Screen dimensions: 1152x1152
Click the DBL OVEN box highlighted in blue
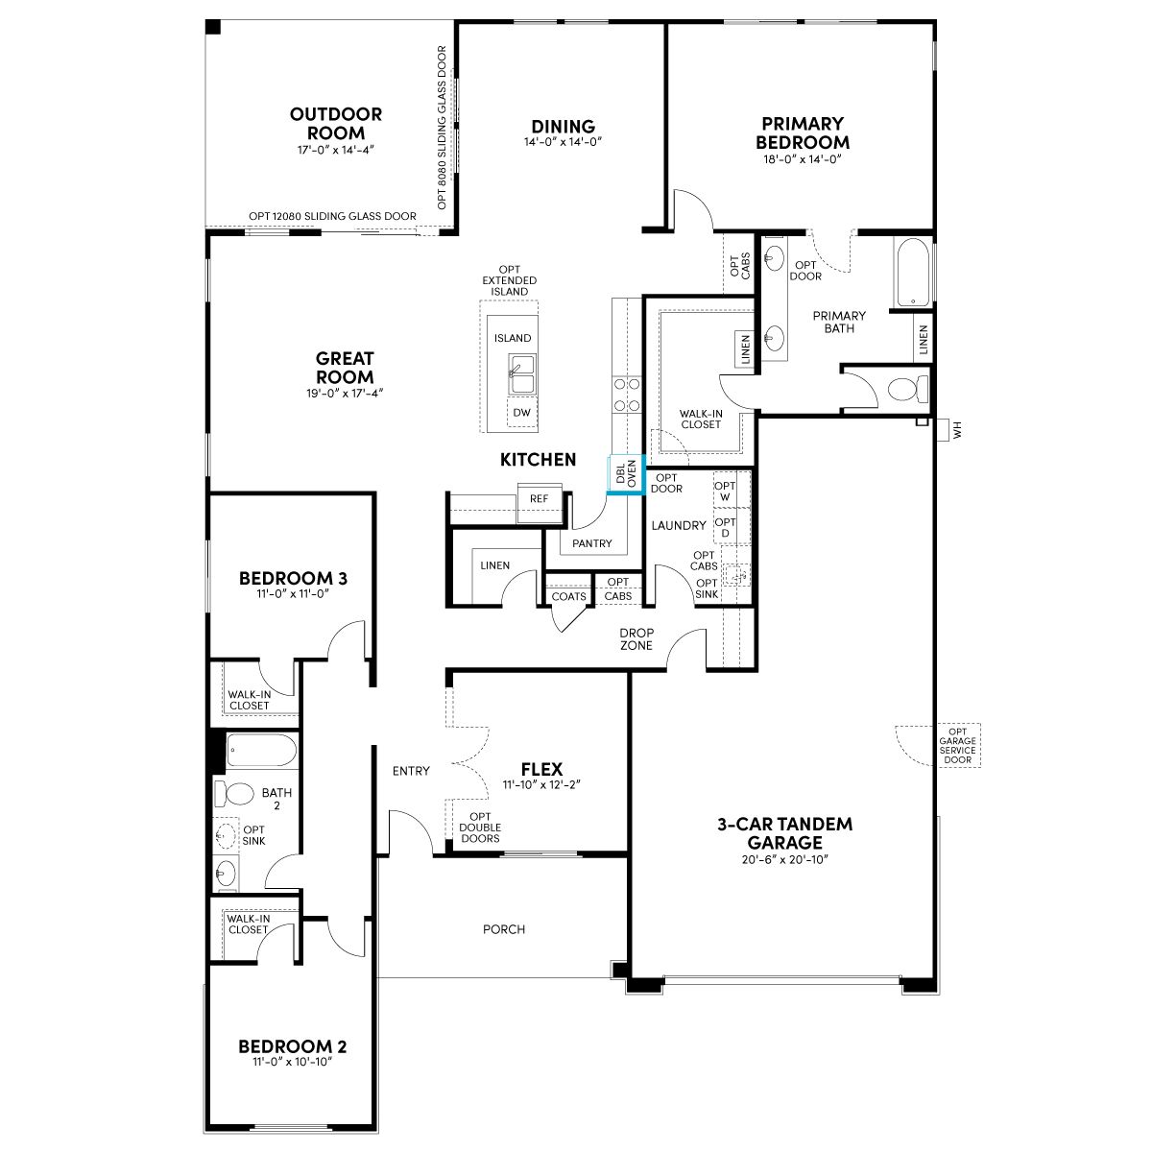[x=626, y=474]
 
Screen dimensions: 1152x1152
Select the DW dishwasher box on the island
[x=522, y=413]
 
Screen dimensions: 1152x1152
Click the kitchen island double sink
[x=522, y=373]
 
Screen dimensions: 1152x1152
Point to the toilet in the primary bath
[x=908, y=389]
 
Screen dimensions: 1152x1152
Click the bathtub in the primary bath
[x=912, y=273]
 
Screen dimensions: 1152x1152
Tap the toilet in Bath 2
[x=234, y=794]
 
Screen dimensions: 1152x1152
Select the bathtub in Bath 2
[x=262, y=751]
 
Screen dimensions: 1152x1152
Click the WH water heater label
[x=957, y=430]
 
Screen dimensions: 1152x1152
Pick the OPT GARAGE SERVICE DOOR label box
[x=957, y=746]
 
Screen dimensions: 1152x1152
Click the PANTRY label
[x=592, y=543]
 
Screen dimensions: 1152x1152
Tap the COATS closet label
[x=568, y=596]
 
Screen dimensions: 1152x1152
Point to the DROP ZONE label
[x=636, y=639]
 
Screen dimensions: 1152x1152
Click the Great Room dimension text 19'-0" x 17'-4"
[x=345, y=394]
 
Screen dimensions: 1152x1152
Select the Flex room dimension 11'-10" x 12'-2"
[x=541, y=784]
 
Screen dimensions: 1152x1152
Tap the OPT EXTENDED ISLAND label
[x=510, y=280]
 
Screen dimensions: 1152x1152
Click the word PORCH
[x=504, y=929]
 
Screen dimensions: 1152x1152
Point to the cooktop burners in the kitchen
[x=627, y=395]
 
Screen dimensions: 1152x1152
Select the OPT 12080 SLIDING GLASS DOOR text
[x=332, y=216]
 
